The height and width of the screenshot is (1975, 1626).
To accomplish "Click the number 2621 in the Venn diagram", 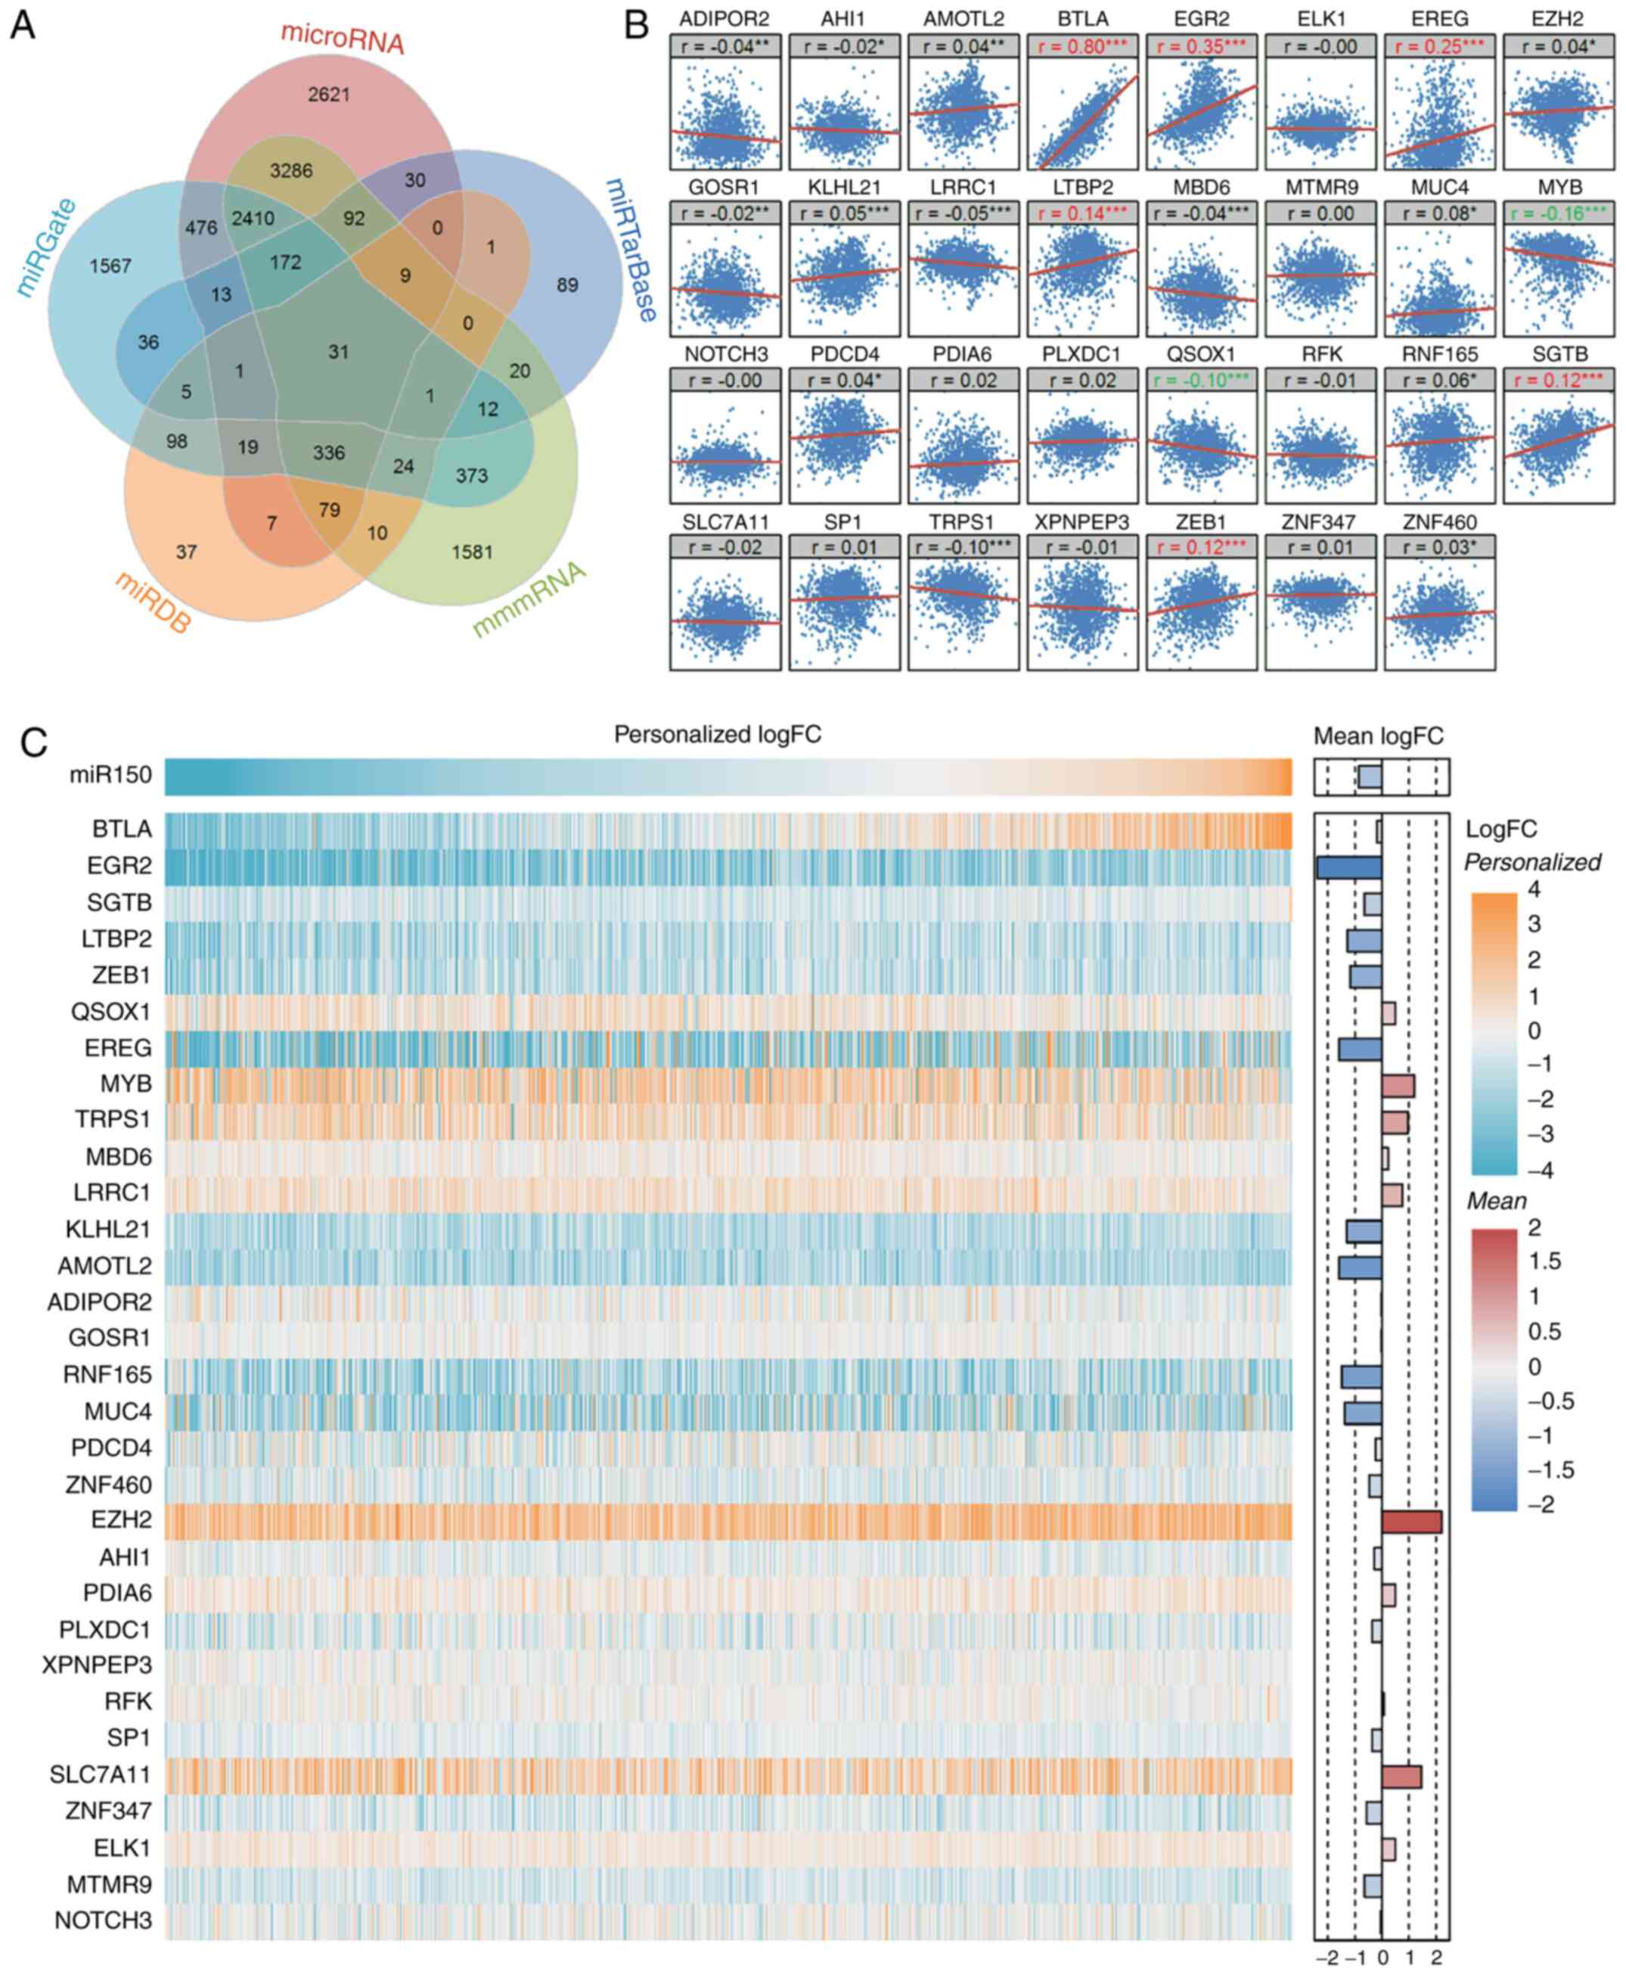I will pyautogui.click(x=329, y=95).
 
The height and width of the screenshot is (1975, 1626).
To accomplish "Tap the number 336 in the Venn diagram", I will pyautogui.click(x=329, y=453).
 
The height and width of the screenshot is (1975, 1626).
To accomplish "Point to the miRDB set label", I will pyautogui.click(x=153, y=602).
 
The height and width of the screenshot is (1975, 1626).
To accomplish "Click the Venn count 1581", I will pyautogui.click(x=472, y=552).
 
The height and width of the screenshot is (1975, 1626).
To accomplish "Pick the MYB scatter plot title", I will pyautogui.click(x=1559, y=188).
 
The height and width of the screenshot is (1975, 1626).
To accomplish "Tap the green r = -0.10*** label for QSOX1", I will pyautogui.click(x=1201, y=381).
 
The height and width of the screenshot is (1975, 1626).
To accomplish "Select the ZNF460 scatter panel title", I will pyautogui.click(x=1440, y=522).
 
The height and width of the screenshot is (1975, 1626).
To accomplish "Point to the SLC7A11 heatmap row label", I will pyautogui.click(x=101, y=1774).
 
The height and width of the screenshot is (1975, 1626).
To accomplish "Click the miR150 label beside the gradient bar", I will pyautogui.click(x=110, y=775).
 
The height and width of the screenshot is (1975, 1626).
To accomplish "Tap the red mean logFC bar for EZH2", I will pyautogui.click(x=1411, y=1522).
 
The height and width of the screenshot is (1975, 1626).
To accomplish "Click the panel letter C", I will pyautogui.click(x=34, y=743).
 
